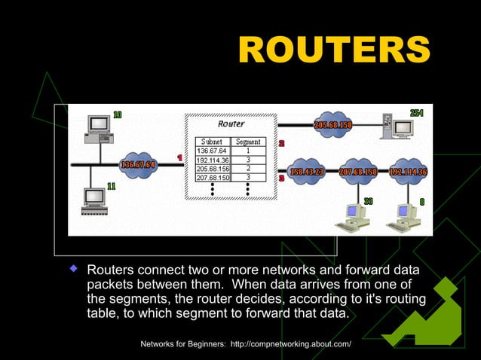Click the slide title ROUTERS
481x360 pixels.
333,50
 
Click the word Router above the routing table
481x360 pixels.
230,124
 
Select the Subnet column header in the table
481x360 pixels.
211,141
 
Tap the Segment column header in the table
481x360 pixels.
248,141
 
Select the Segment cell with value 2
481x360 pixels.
248,168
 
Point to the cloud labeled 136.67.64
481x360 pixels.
138,164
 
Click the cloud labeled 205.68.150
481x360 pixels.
333,124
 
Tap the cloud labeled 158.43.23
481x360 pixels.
307,172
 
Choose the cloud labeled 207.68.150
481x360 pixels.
358,172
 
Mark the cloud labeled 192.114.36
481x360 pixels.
408,172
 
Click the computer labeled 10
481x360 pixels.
97,129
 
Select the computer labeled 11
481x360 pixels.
94,197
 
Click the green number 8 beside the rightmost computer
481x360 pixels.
421,201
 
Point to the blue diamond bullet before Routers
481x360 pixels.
75,268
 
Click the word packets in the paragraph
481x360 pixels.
110,284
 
